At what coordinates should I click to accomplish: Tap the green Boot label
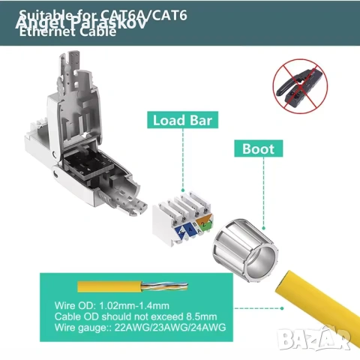[x=258, y=148]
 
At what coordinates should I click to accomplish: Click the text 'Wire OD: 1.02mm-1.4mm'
[x=110, y=306]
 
